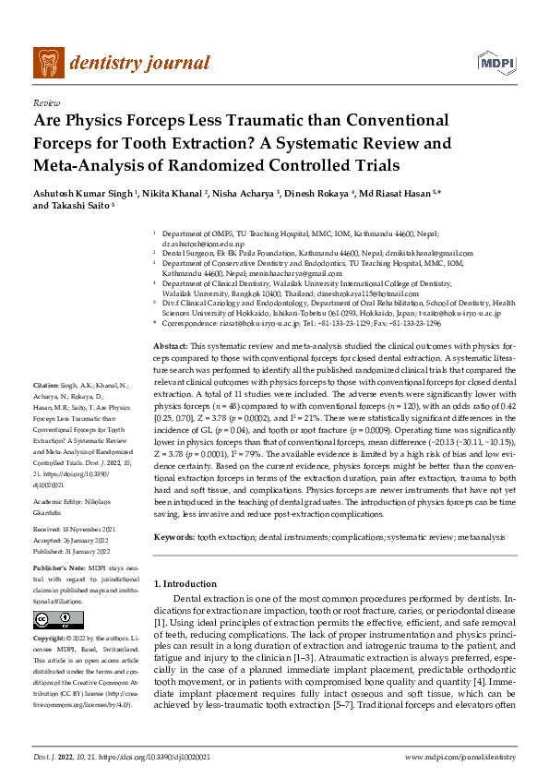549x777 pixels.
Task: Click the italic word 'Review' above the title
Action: [45, 103]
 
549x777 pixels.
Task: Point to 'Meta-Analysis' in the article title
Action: [90, 165]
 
